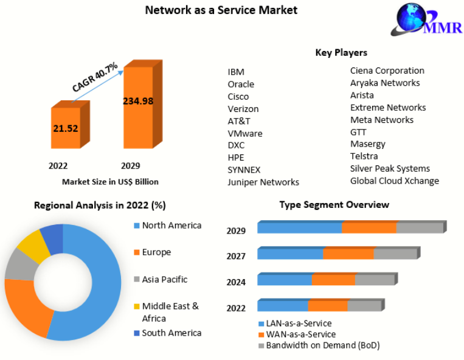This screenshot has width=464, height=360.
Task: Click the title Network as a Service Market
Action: (221, 10)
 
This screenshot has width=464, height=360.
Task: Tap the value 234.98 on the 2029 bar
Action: (138, 102)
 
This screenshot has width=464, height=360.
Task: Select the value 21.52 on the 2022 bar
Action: (66, 128)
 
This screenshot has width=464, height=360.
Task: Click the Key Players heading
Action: (341, 53)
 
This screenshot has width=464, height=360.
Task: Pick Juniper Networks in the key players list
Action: (263, 182)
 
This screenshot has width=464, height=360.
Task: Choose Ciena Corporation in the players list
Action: (387, 71)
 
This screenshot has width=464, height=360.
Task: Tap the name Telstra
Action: (364, 156)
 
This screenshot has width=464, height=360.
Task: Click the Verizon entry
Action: (243, 109)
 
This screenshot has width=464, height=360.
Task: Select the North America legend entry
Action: (171, 226)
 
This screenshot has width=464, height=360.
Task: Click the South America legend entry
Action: (171, 333)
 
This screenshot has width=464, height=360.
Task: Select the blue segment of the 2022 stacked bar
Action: (282, 306)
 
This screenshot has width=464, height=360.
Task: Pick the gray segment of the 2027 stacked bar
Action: (395, 254)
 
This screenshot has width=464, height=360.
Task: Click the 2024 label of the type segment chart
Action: (236, 282)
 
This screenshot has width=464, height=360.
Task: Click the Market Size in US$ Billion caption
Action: (110, 181)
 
